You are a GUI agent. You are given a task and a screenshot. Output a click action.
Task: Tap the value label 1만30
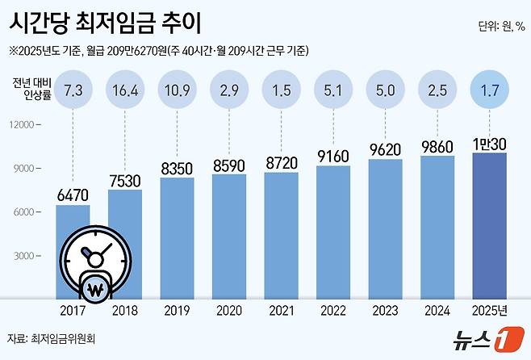(488, 141)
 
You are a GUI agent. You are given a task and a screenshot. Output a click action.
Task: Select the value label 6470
(73, 194)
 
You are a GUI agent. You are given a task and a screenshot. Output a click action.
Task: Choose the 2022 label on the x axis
(332, 310)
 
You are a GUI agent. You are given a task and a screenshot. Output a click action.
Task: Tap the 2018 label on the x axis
(124, 310)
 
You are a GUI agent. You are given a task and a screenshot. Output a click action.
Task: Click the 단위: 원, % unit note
(501, 27)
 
